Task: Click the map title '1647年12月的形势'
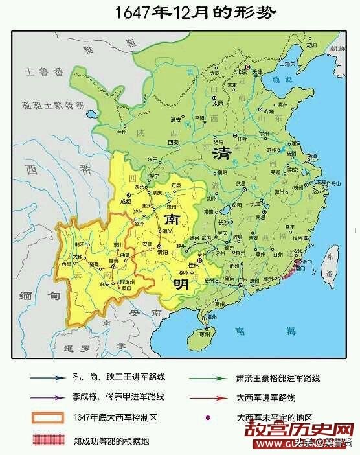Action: click(179, 12)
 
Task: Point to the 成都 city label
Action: click(135, 200)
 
